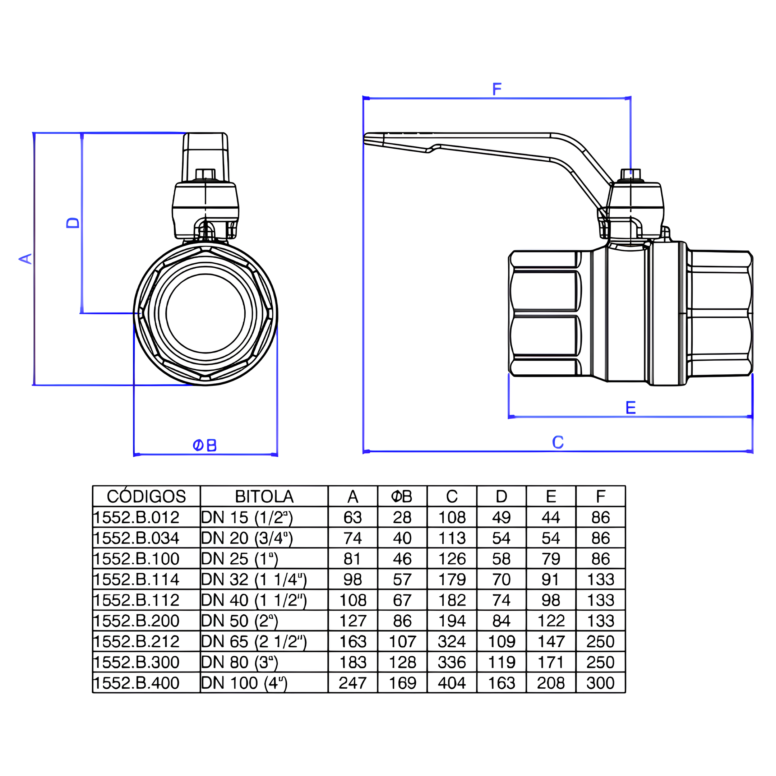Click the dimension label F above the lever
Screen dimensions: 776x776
click(x=497, y=89)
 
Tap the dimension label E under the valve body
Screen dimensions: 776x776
click(x=630, y=408)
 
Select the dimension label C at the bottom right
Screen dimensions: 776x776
click(x=558, y=442)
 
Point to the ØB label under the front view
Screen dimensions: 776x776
click(x=205, y=445)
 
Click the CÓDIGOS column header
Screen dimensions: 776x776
click(x=146, y=497)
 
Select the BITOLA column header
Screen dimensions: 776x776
click(x=264, y=497)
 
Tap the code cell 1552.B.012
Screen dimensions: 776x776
click(x=136, y=517)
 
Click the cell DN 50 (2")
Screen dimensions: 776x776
click(x=239, y=621)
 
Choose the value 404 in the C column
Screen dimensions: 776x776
click(x=452, y=683)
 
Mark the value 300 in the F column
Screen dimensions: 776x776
click(x=600, y=683)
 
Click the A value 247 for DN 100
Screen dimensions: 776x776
click(x=353, y=683)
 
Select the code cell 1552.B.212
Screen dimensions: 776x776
click(x=136, y=642)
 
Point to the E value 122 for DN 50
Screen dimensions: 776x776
click(x=551, y=621)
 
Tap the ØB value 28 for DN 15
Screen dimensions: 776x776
click(x=402, y=517)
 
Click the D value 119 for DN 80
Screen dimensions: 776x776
click(x=501, y=662)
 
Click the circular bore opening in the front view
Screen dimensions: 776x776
click(x=205, y=314)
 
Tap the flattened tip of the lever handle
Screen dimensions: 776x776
click(x=374, y=139)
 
